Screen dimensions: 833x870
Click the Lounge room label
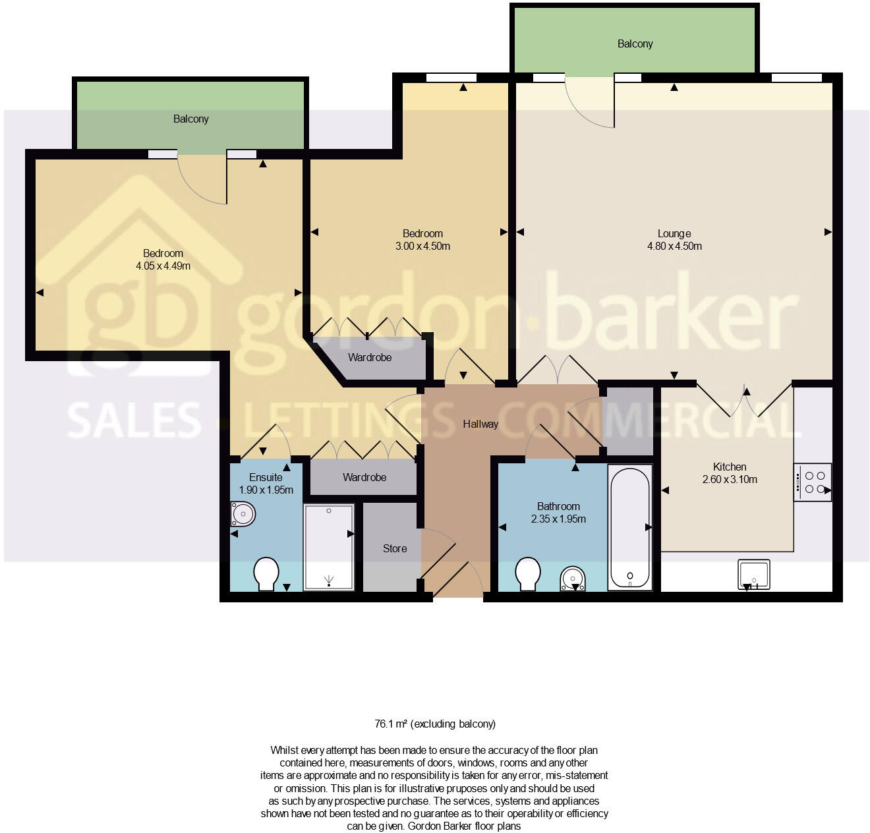[x=674, y=233]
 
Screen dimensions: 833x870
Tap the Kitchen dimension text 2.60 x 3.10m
[x=730, y=479]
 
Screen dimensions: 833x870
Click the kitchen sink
[x=753, y=573]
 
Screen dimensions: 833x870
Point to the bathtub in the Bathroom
[x=630, y=527]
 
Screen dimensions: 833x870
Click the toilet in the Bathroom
[x=528, y=574]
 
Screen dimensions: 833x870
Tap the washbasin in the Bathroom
[x=573, y=579]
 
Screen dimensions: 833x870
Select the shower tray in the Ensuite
[x=329, y=547]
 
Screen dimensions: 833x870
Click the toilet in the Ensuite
[x=266, y=574]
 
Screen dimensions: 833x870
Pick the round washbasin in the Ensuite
[x=243, y=514]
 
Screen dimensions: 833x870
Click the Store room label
[x=395, y=548]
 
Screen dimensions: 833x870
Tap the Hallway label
[x=480, y=424]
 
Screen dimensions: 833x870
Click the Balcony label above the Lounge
[x=635, y=43]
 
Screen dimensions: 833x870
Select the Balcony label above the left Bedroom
[x=190, y=119]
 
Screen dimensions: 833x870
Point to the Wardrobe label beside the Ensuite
[x=364, y=477]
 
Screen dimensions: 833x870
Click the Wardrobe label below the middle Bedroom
[x=369, y=357]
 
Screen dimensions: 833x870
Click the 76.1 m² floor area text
[x=435, y=724]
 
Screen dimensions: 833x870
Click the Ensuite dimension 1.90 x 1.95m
[x=266, y=490]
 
